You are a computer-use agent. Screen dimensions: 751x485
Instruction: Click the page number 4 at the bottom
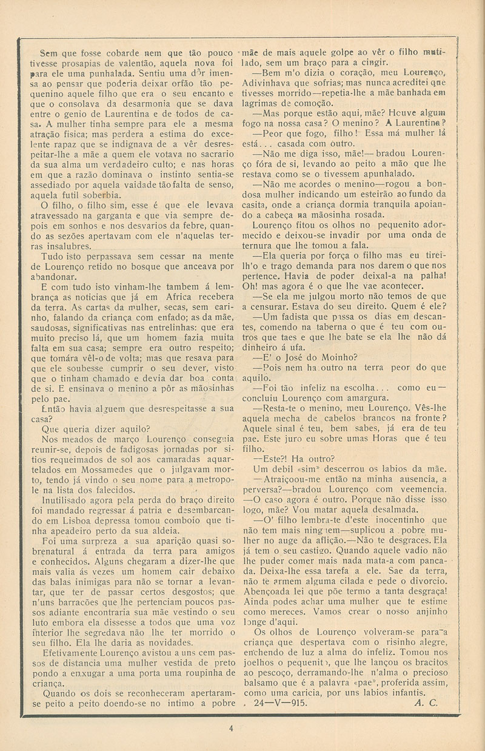coord(232,729)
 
